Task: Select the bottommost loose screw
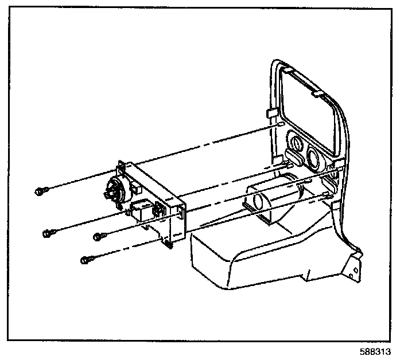pyautogui.click(x=86, y=260)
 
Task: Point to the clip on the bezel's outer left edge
pyautogui.click(x=269, y=110)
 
